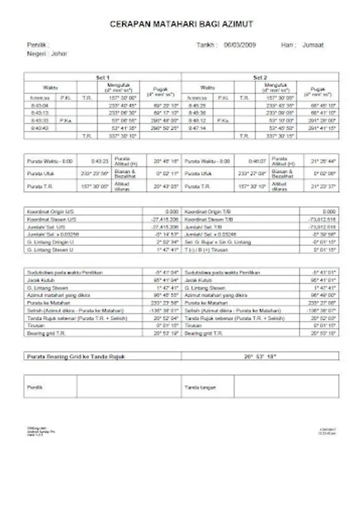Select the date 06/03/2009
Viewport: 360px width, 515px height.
240,45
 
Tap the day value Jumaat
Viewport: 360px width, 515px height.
312,45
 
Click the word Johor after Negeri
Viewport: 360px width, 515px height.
59,54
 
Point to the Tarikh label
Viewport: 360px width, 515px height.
205,45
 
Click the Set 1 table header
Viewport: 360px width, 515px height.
102,77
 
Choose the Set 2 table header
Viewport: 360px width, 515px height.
260,77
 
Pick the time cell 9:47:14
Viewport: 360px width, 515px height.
196,128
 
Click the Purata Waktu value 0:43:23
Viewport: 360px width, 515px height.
100,161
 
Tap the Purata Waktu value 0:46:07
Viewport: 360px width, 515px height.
257,161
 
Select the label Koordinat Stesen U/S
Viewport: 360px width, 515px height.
51,219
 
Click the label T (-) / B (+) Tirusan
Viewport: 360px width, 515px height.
207,249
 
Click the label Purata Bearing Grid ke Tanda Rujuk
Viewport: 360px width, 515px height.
76,356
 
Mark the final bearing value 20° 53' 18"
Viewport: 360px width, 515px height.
260,356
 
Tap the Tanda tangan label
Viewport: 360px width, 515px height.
196,387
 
